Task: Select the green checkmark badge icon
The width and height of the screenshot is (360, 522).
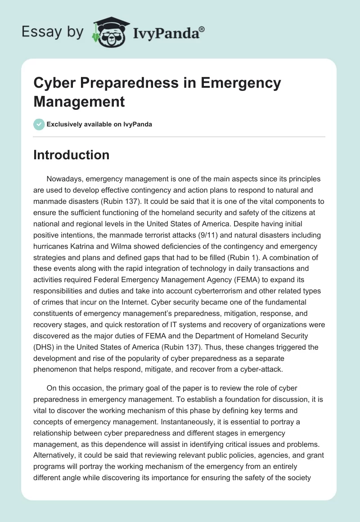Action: (39, 124)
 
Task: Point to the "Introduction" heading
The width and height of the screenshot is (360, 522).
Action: (72, 155)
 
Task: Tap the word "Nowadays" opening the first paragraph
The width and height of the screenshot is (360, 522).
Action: (63, 179)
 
